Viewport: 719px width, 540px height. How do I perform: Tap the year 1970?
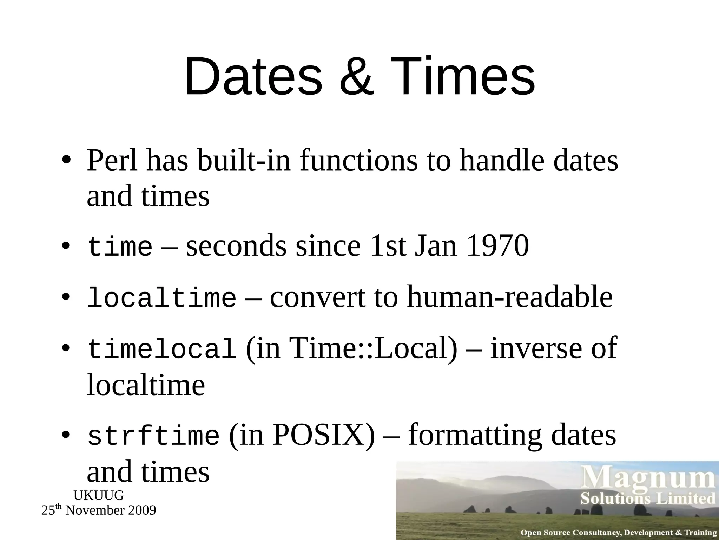tap(498, 246)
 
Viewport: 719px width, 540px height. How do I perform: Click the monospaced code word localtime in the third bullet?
tap(161, 297)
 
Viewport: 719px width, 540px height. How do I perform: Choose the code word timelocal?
tap(161, 349)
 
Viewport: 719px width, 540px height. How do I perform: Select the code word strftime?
tap(153, 436)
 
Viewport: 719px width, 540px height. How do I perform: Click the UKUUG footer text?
tap(99, 495)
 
